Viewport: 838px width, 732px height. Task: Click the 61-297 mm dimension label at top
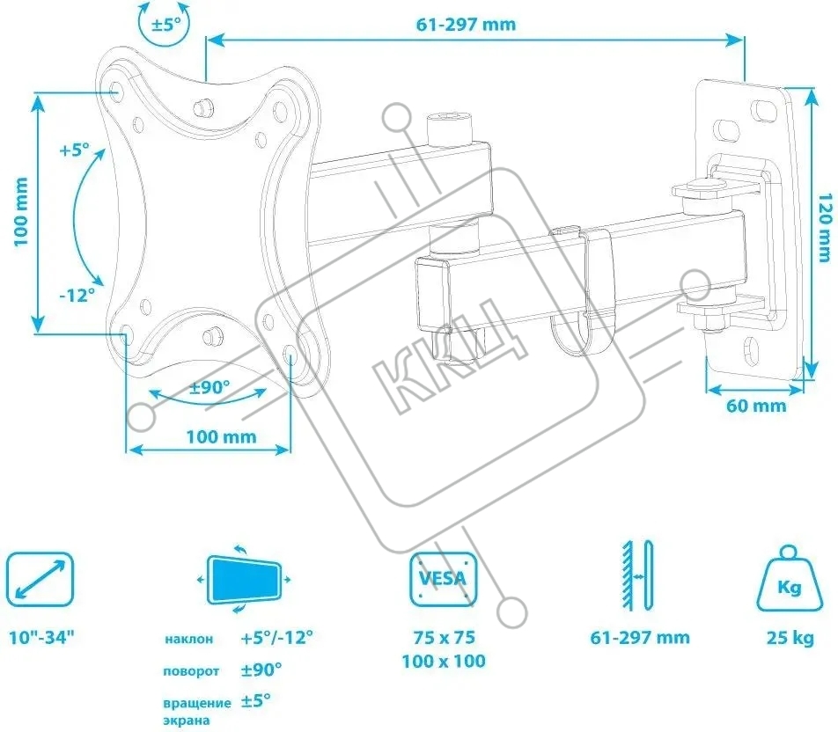(x=466, y=25)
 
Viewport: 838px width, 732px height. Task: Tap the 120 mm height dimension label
(x=826, y=227)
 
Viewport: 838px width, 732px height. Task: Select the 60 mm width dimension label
(x=756, y=406)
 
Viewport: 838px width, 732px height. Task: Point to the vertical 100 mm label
(x=20, y=212)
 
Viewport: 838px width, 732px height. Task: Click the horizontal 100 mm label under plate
(x=221, y=436)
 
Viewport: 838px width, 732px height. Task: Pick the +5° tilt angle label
(x=75, y=150)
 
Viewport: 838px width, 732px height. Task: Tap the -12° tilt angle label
(x=77, y=295)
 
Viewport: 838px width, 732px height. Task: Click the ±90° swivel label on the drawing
(x=209, y=387)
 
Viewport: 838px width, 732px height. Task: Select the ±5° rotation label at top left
(x=166, y=24)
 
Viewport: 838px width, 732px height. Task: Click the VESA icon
(x=443, y=579)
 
